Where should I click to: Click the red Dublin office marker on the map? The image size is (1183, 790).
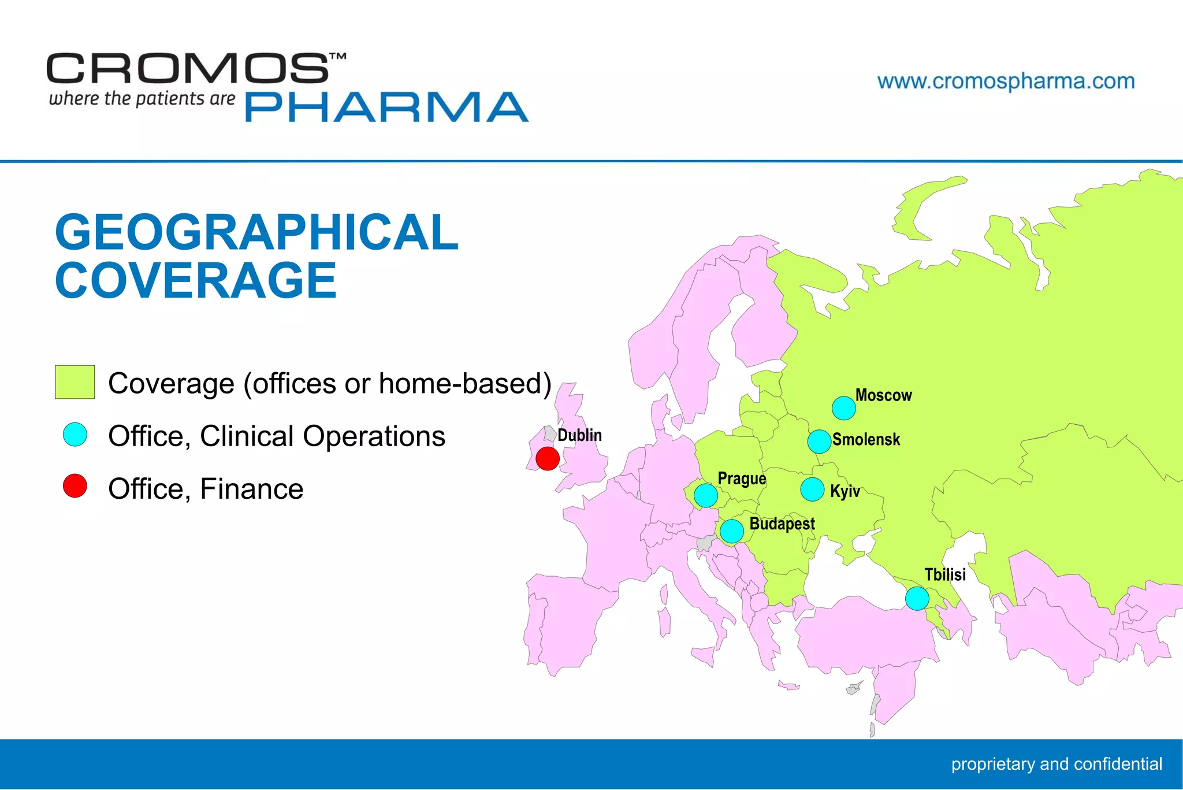(548, 459)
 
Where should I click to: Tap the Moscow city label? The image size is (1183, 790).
(883, 395)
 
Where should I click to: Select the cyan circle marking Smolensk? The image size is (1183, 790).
(819, 442)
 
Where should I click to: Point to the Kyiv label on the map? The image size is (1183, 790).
(845, 491)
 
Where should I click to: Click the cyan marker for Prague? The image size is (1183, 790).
(706, 495)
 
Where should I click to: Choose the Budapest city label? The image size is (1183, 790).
(782, 524)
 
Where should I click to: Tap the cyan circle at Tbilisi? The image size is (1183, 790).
(917, 598)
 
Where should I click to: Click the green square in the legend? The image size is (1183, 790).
(75, 382)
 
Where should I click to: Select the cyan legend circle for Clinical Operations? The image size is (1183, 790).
(75, 435)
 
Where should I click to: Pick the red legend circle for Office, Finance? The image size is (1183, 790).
(75, 486)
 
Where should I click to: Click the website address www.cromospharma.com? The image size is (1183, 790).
(1006, 81)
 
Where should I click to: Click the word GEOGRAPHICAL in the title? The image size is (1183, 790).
(256, 232)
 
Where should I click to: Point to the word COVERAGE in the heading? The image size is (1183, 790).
(195, 280)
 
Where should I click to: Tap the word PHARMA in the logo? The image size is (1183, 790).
(386, 107)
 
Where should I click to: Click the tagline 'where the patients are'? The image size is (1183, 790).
(142, 99)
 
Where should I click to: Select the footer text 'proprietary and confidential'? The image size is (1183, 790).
(1056, 764)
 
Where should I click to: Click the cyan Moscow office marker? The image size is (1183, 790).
(844, 408)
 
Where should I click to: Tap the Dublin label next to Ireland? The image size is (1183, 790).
(579, 435)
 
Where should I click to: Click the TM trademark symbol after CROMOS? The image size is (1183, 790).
(337, 57)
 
